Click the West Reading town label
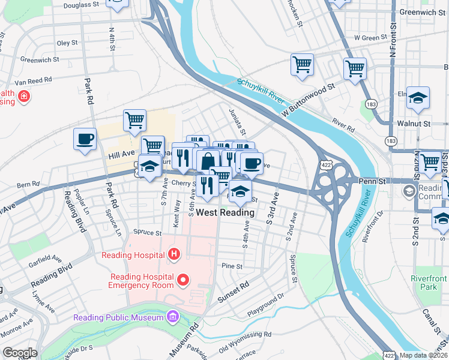click(x=225, y=212)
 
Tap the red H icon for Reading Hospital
click(x=174, y=255)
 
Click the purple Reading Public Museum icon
click(x=173, y=316)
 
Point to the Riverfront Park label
click(x=429, y=283)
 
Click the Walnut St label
click(x=414, y=123)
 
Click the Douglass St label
click(x=81, y=5)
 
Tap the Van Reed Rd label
click(x=34, y=80)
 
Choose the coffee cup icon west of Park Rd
click(x=85, y=139)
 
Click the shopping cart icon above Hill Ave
click(x=135, y=120)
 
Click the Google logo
click(x=20, y=353)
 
